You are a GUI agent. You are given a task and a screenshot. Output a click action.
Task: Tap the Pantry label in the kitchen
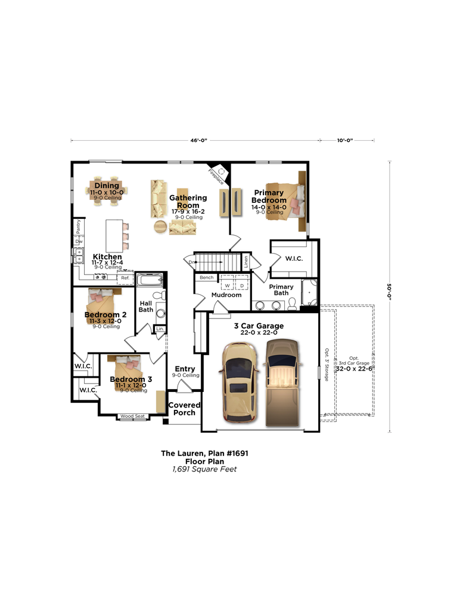tap(78, 227)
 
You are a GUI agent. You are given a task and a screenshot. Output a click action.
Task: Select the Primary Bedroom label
tap(269, 196)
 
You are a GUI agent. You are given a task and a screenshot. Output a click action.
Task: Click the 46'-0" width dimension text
tap(195, 140)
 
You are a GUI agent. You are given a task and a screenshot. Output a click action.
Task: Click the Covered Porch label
tap(185, 409)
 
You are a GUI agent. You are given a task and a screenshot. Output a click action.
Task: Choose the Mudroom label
tap(226, 295)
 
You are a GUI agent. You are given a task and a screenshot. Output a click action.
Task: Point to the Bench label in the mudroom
tap(206, 277)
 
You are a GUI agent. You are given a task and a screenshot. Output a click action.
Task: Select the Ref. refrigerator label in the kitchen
tap(125, 278)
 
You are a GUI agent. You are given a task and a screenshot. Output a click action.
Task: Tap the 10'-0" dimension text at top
tap(345, 140)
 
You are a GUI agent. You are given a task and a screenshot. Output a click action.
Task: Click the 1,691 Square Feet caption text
tap(204, 469)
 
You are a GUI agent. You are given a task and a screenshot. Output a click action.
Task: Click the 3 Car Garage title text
tap(258, 326)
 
